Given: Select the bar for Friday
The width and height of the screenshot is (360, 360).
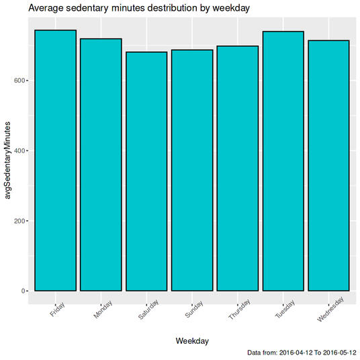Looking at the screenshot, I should pyautogui.click(x=55, y=161).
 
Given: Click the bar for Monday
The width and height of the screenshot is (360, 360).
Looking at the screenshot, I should pyautogui.click(x=101, y=165).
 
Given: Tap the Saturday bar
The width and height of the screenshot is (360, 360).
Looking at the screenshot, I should pyautogui.click(x=146, y=171).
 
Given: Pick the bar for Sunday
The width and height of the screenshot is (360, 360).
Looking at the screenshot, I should pyautogui.click(x=192, y=170).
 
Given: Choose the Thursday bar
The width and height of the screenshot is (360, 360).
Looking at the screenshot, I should pyautogui.click(x=237, y=168).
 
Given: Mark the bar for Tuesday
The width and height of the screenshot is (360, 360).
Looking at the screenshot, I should pyautogui.click(x=283, y=161).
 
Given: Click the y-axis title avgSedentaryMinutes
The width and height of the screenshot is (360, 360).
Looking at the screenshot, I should pyautogui.click(x=8, y=161).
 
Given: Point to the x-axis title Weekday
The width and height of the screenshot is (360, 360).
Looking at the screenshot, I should pyautogui.click(x=192, y=341).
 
